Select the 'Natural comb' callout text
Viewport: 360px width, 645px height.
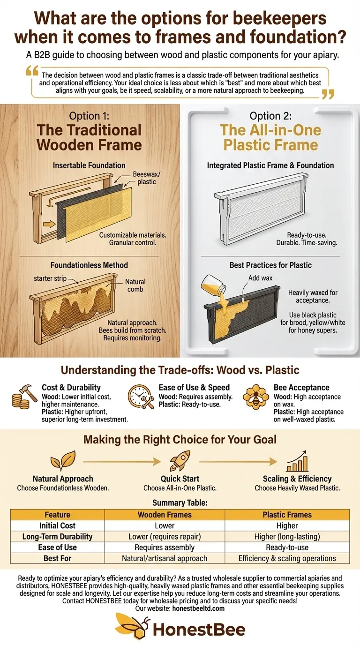(x=135, y=285)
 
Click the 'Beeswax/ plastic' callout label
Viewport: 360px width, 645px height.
(x=146, y=178)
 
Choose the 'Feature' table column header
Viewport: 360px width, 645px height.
(x=57, y=514)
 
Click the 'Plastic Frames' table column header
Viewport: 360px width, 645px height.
(x=287, y=514)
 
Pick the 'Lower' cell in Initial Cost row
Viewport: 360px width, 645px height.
(x=165, y=525)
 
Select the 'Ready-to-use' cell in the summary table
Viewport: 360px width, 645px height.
(x=287, y=547)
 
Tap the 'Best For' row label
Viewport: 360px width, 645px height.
(x=57, y=558)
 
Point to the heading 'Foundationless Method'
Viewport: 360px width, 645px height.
(x=89, y=265)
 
